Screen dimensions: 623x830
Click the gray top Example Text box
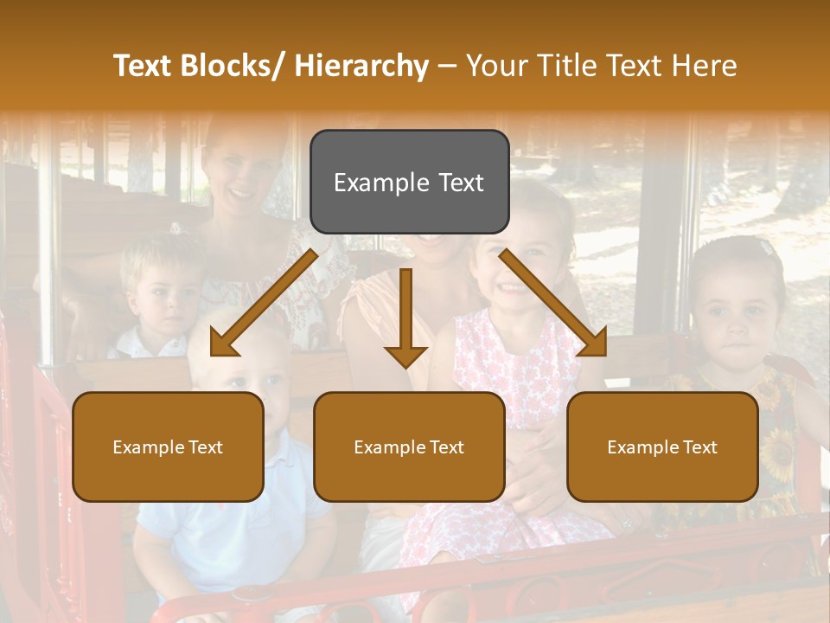point(409,182)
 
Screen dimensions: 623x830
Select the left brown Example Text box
point(168,447)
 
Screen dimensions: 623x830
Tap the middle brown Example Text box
point(409,447)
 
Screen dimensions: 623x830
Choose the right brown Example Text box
point(662,447)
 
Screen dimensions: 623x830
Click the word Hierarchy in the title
point(361,66)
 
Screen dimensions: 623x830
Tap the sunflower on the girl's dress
point(776,450)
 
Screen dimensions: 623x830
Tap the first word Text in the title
point(144,66)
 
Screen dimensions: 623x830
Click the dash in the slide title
point(447,66)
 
